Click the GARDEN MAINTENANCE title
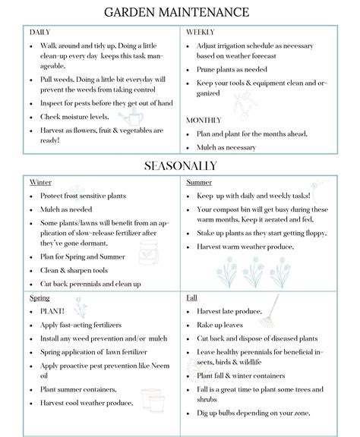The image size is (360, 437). point(179,14)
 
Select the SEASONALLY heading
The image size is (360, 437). point(179,165)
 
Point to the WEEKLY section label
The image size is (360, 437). point(200,33)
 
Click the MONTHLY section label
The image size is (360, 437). point(204,120)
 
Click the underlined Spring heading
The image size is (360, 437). point(39,298)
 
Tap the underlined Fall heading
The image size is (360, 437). point(191,298)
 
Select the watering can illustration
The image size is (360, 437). point(130,118)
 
